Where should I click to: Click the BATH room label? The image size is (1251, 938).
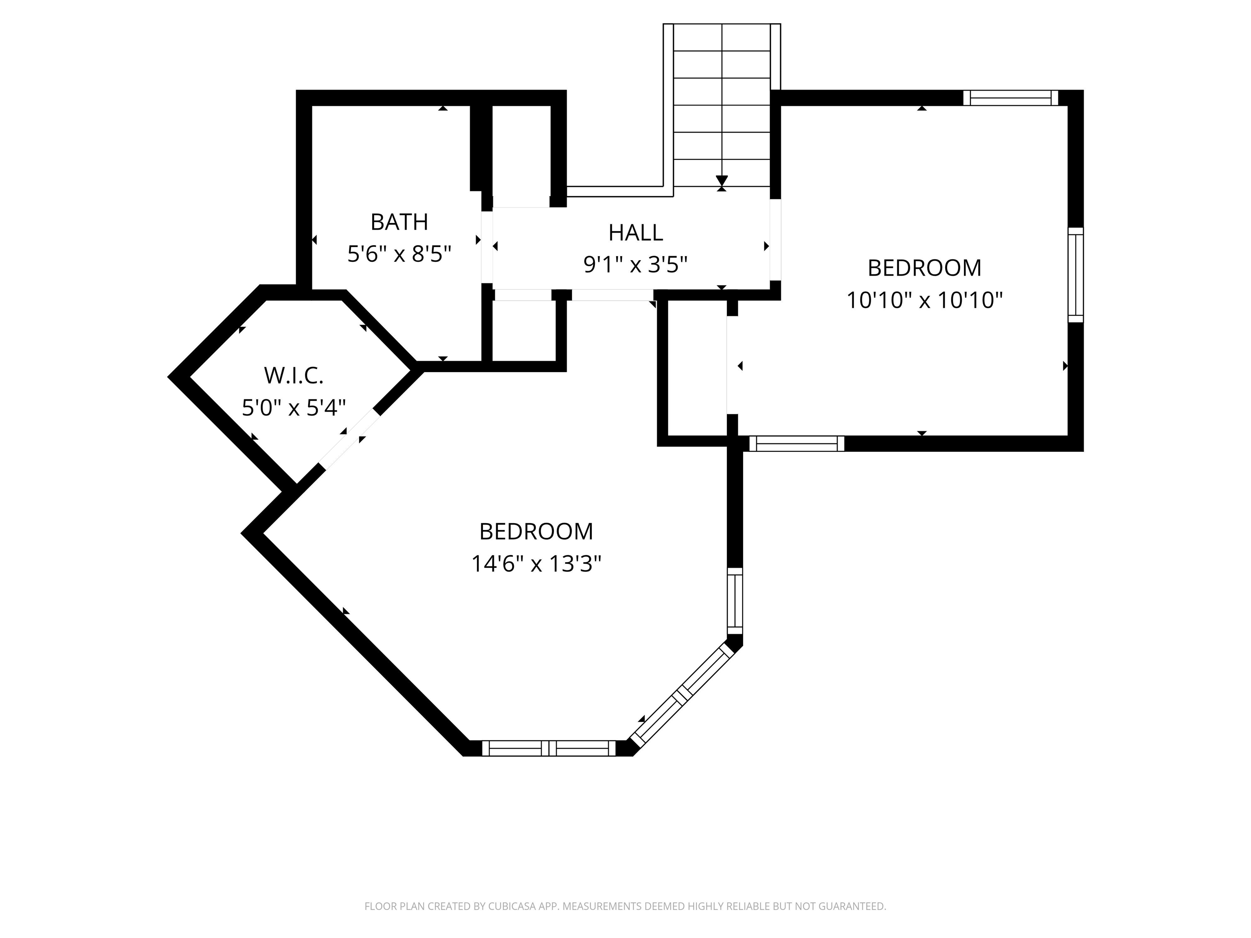tap(399, 222)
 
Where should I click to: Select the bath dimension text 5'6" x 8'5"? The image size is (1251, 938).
tap(399, 254)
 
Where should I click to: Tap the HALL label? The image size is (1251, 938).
tap(635, 233)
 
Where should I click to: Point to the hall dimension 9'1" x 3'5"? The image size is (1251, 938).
tap(635, 265)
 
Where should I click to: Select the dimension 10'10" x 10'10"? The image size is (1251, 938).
tap(924, 300)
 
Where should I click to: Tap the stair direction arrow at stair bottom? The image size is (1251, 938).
tap(721, 181)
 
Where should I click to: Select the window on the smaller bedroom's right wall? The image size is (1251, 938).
tap(1075, 275)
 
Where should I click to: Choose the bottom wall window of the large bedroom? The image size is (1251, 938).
tap(548, 748)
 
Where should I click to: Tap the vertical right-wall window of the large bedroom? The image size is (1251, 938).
tap(734, 602)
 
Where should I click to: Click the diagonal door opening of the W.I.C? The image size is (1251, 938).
tap(349, 439)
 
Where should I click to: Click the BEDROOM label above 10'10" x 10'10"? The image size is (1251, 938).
tap(924, 268)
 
